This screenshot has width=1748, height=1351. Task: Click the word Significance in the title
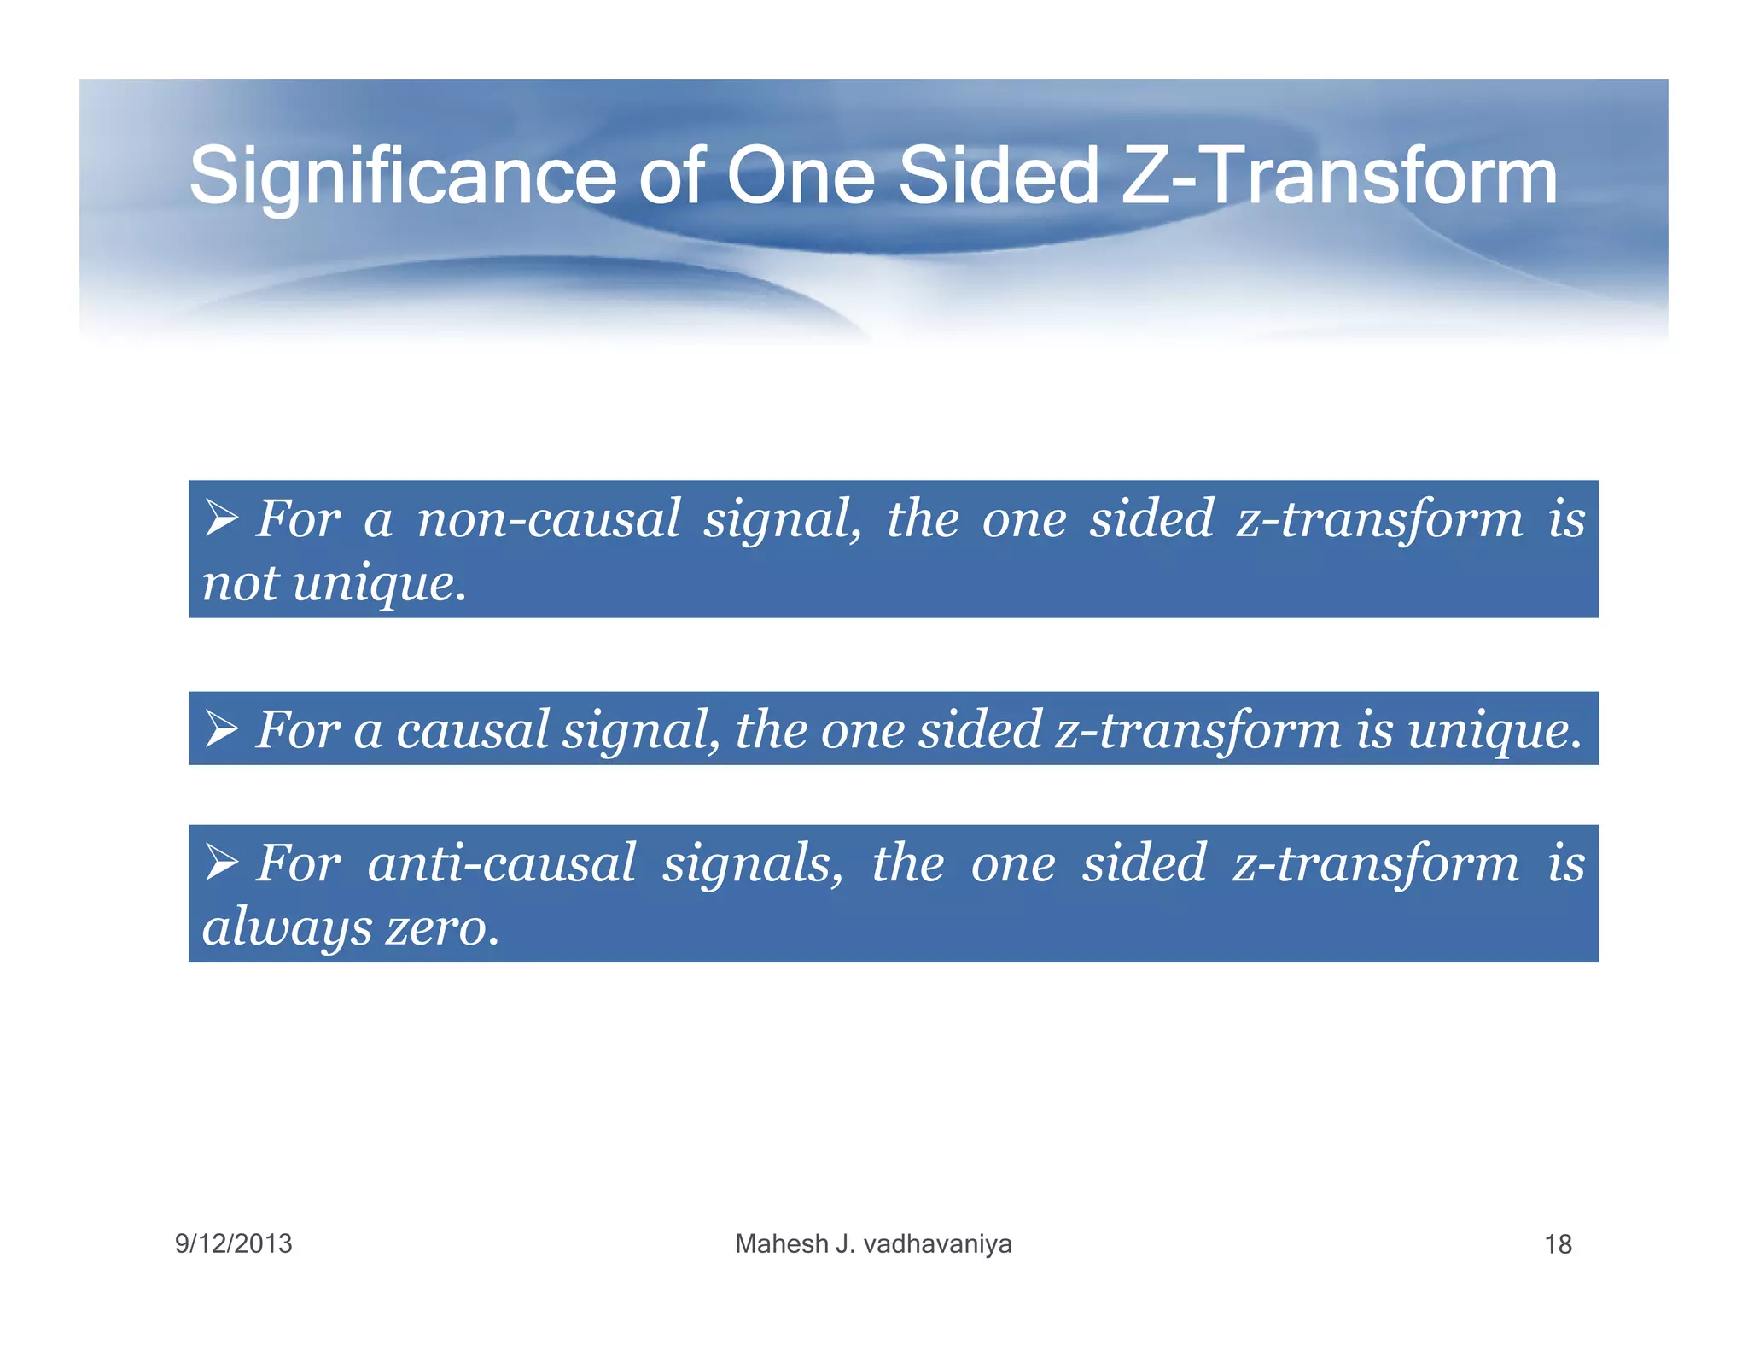coord(401,177)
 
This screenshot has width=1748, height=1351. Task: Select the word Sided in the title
coord(998,177)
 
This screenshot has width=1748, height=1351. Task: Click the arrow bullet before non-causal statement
coord(222,518)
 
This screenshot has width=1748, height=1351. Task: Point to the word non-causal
coord(548,519)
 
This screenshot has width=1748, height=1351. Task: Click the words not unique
coord(334,584)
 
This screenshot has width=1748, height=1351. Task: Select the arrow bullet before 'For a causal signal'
coord(222,728)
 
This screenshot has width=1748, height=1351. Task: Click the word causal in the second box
coord(471,731)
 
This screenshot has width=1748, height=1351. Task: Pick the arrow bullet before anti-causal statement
coord(222,862)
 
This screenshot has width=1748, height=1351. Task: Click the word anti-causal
coord(501,863)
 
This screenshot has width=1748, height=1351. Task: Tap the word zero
coord(440,928)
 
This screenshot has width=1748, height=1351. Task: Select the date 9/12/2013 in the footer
coord(233,1243)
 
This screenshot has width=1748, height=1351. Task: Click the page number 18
coord(1558,1244)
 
